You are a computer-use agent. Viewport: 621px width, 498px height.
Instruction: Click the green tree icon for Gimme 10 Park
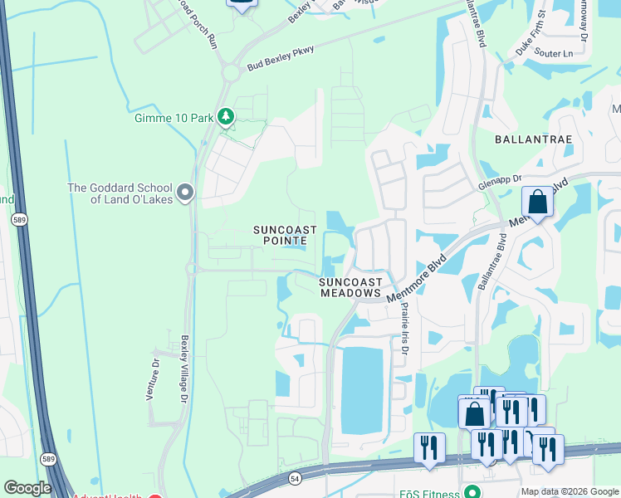[224, 117]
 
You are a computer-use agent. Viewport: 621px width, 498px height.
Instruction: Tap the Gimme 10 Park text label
[174, 118]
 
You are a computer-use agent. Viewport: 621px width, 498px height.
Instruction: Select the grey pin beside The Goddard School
[184, 193]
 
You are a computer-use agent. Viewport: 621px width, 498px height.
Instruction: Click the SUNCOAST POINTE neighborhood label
[281, 235]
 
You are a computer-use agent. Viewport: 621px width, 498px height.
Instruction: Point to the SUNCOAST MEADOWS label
[350, 288]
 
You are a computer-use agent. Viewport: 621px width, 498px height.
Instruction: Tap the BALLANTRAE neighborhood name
[533, 139]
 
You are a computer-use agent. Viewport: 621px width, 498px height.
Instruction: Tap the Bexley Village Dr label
[183, 369]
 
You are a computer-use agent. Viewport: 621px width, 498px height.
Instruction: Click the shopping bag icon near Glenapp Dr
[537, 202]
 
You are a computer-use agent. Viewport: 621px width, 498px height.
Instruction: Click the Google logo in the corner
[27, 488]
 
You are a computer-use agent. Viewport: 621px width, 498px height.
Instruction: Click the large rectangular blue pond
[362, 389]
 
